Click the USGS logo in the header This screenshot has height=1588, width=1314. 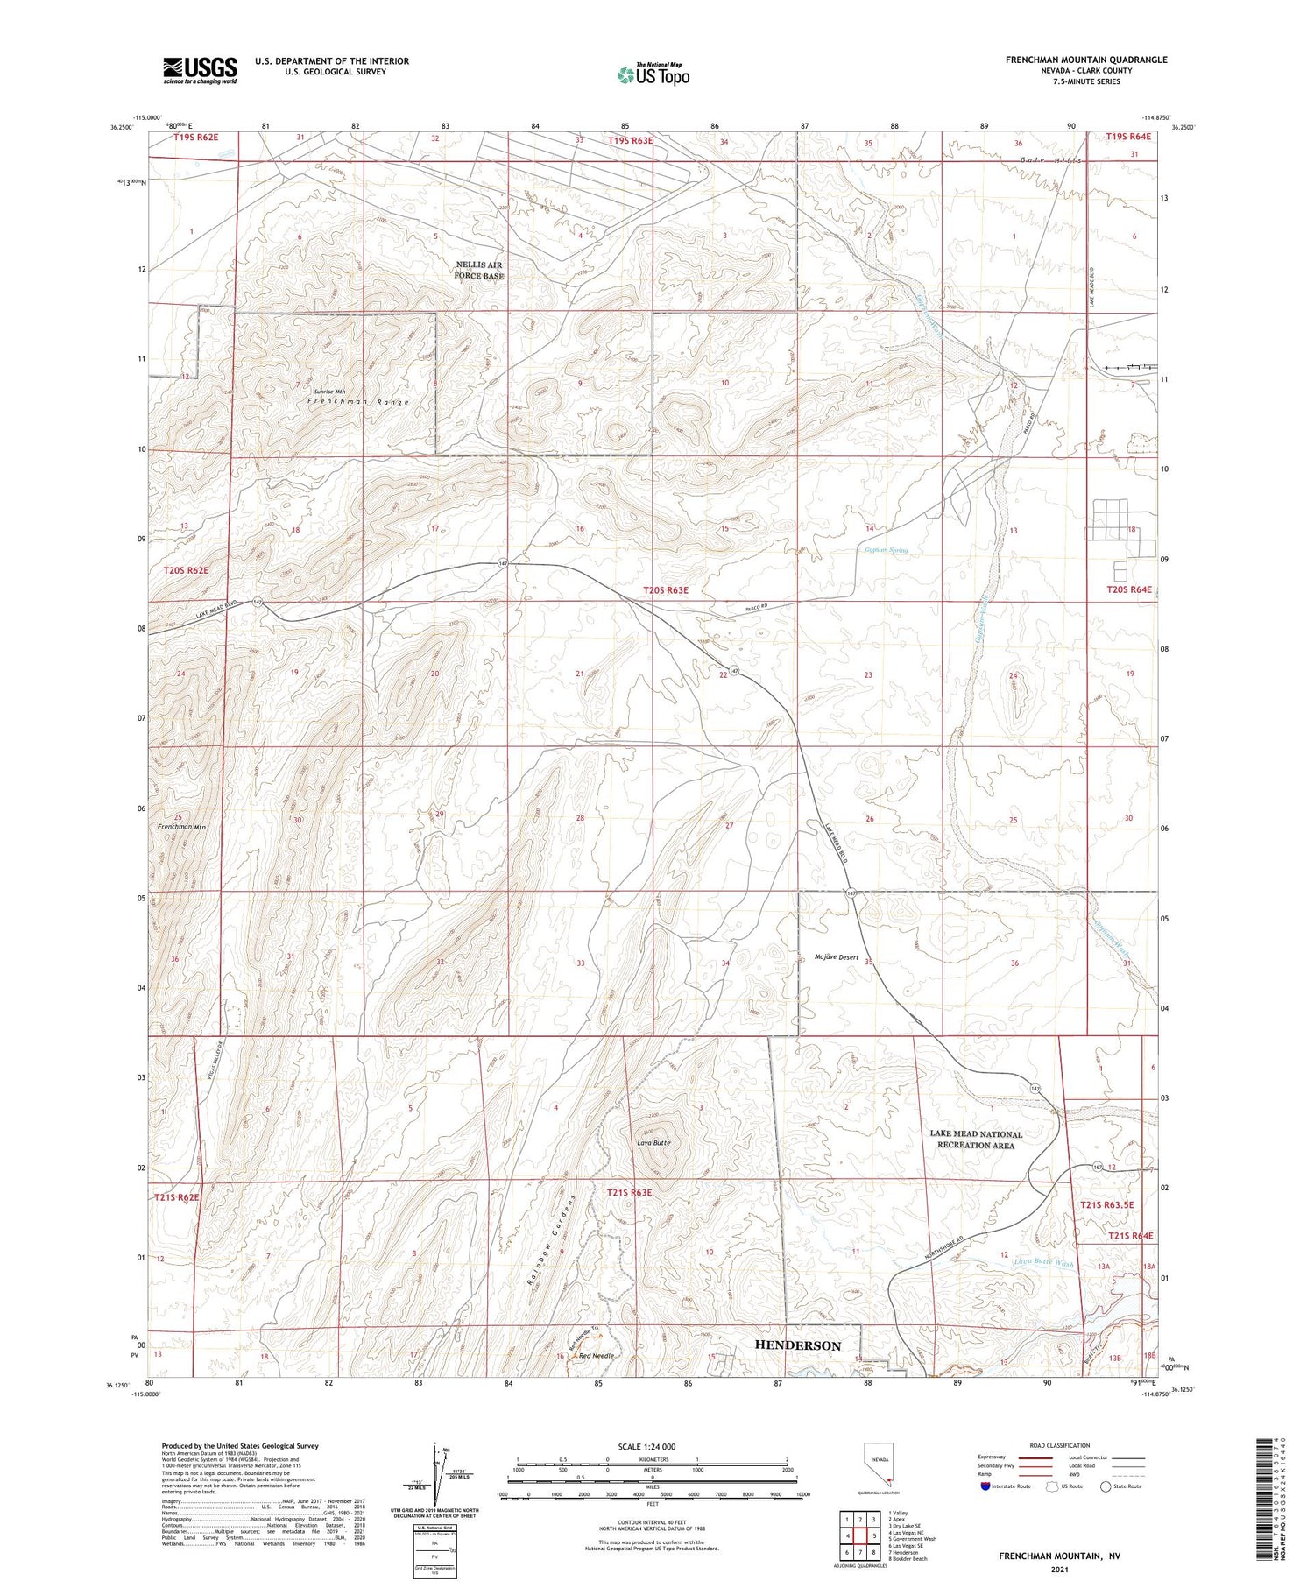[x=200, y=70]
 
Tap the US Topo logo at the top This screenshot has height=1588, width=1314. [x=653, y=75]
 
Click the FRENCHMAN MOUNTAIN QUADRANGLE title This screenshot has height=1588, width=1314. [x=1086, y=60]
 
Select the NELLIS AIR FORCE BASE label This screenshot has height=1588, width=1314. [x=478, y=270]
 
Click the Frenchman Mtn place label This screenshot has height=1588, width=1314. [x=181, y=826]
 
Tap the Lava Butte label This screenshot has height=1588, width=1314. [x=653, y=1143]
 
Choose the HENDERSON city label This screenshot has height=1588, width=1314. [x=798, y=1345]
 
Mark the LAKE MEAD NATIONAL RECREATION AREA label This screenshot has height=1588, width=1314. [x=976, y=1140]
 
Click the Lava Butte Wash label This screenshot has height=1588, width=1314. [x=1042, y=1263]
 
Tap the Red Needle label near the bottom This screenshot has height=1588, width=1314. [x=597, y=1355]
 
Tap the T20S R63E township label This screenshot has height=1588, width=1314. [x=666, y=590]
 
